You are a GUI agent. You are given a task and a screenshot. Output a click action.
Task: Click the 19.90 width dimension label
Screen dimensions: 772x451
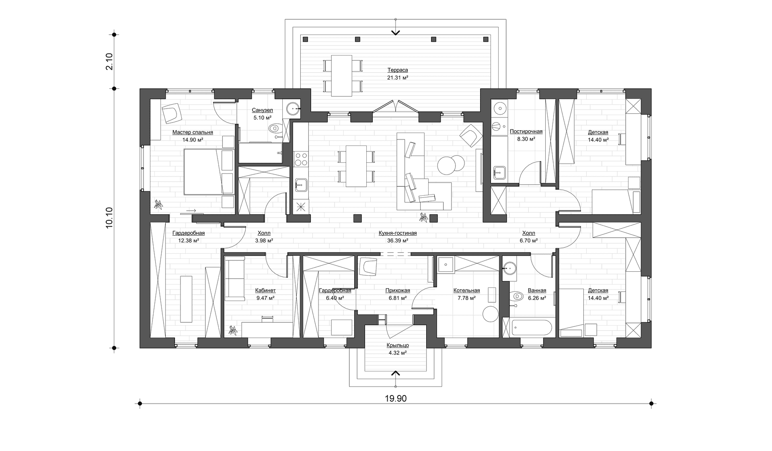396,398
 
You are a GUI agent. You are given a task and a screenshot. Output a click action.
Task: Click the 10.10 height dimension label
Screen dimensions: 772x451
109,218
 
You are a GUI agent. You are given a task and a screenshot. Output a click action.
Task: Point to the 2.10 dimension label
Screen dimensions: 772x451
109,61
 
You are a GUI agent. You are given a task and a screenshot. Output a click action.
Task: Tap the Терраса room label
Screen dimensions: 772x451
398,70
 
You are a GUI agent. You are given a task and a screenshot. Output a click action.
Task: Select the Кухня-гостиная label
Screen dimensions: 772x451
397,233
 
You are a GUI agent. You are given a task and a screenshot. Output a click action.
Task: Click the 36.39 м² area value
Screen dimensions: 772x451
398,240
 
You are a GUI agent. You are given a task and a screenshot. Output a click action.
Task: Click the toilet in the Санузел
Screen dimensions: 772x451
275,129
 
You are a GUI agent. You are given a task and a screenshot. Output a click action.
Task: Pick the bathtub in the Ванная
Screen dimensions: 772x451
528,327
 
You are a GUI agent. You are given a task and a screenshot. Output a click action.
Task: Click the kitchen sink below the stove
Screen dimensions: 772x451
301,185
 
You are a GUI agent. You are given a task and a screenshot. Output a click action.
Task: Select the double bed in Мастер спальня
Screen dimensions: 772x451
209,172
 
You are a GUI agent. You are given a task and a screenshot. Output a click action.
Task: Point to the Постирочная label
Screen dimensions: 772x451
526,131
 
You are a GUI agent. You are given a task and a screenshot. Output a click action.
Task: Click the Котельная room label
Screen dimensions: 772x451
466,290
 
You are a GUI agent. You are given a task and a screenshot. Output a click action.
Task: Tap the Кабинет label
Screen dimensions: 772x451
265,290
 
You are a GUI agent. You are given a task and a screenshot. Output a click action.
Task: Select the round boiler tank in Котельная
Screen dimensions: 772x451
490,314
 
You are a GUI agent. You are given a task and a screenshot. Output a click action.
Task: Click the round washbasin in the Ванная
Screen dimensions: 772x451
510,268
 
